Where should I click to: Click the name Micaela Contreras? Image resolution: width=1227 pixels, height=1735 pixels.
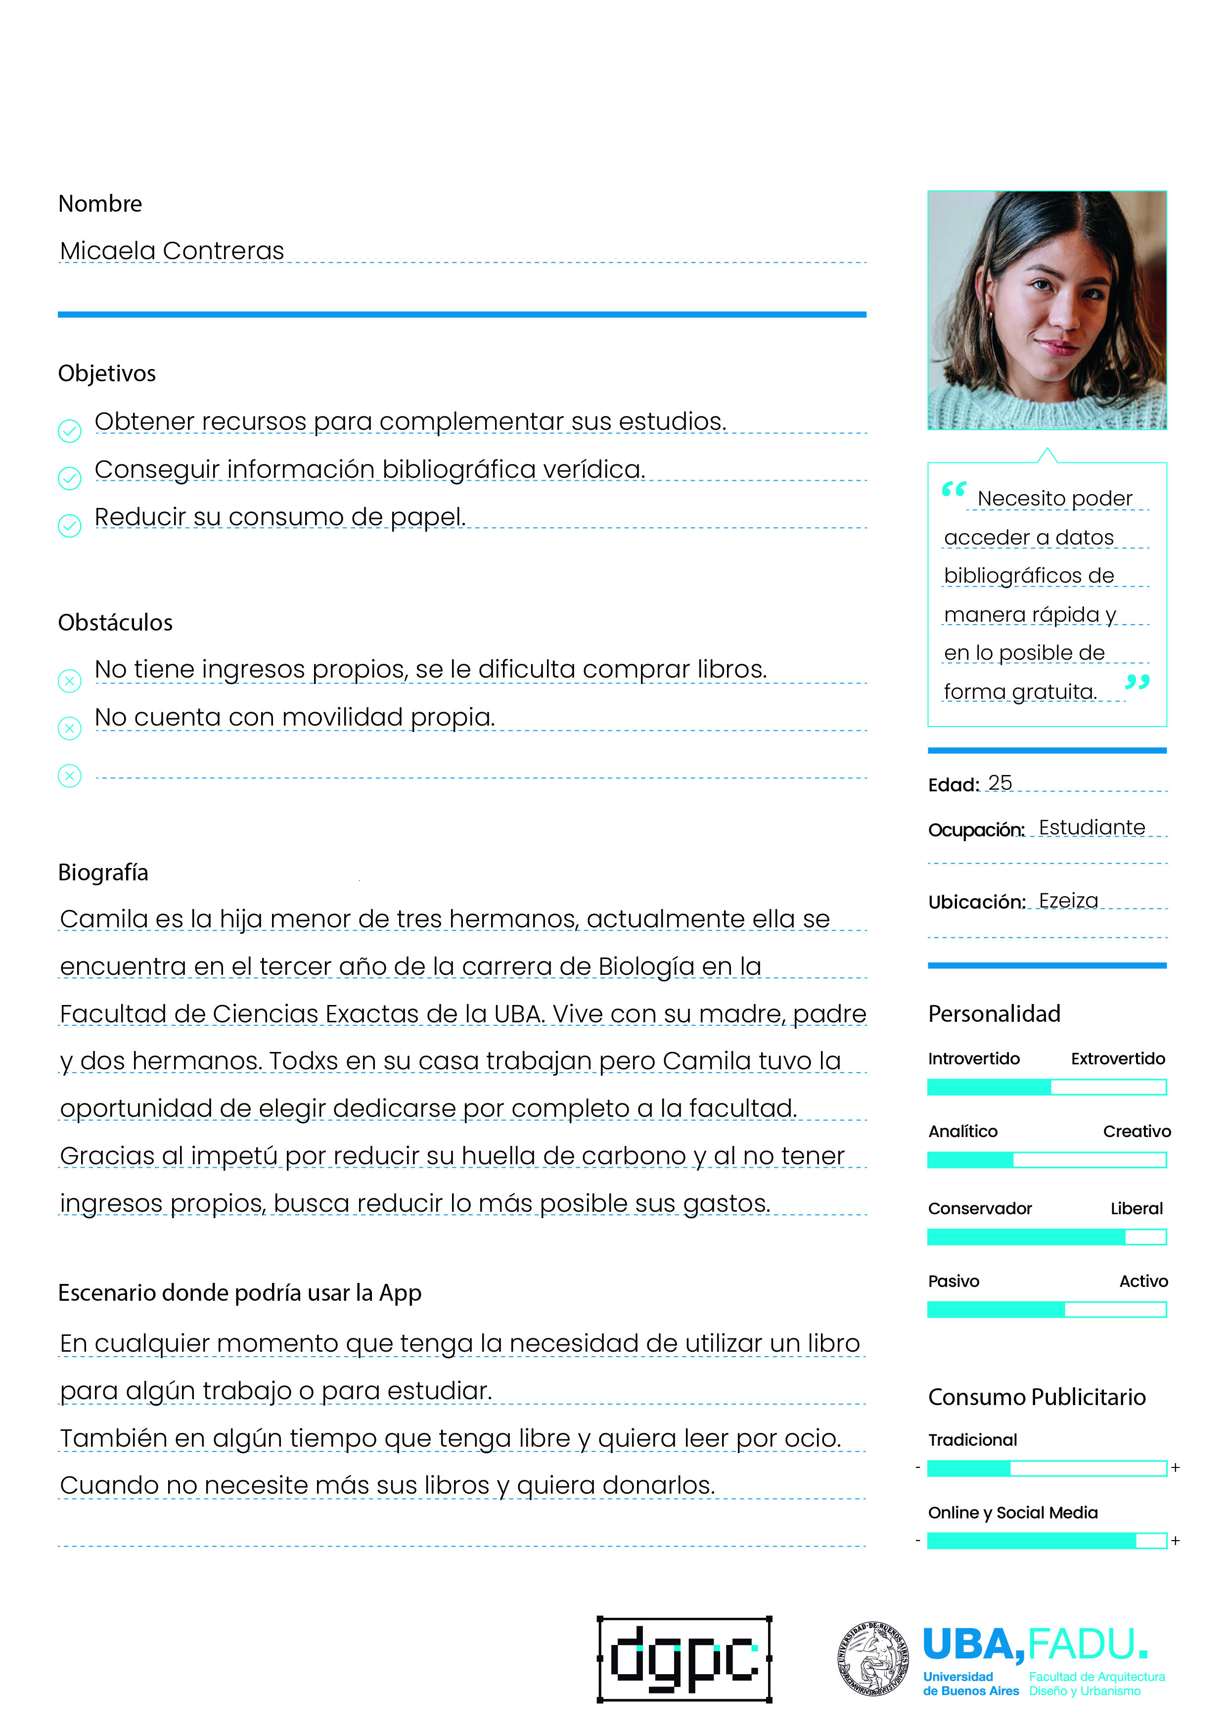click(172, 250)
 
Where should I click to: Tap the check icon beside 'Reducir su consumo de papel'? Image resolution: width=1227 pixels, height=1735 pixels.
click(70, 525)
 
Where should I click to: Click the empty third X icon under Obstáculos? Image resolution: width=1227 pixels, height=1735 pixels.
click(70, 776)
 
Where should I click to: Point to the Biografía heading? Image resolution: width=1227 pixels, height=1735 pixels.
click(103, 873)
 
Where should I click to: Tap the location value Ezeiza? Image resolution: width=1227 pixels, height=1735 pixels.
click(1068, 901)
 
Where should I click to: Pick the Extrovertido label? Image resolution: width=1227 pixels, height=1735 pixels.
click(1117, 1059)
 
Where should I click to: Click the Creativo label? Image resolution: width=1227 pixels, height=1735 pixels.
click(1136, 1131)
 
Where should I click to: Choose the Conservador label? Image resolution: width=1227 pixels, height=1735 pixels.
click(979, 1208)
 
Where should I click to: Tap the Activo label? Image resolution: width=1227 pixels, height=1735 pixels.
click(1143, 1281)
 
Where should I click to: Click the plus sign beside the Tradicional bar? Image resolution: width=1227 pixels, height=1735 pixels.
click(1175, 1467)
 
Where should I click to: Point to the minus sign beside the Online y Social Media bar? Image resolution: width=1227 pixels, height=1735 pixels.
click(917, 1540)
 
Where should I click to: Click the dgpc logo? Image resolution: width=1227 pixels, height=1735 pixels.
click(684, 1659)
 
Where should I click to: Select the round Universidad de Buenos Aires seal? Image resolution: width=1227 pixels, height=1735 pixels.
click(873, 1659)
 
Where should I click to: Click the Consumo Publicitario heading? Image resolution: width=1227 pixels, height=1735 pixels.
click(1037, 1397)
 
